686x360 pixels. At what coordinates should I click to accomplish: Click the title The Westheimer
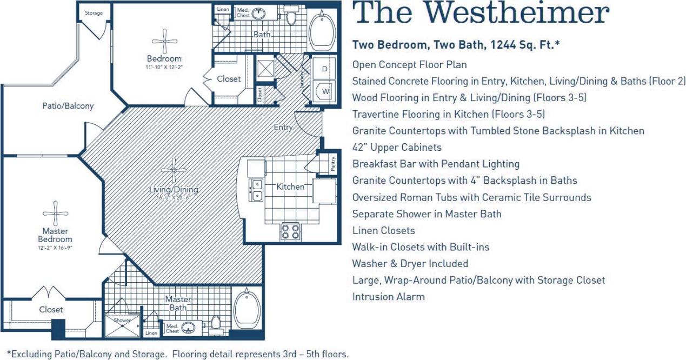coord(482,14)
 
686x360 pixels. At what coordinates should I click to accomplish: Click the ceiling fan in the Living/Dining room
coord(174,170)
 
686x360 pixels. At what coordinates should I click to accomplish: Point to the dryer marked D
coord(324,69)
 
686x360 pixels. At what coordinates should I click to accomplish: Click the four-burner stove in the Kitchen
coord(290,231)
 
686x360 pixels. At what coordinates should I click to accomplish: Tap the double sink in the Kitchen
coord(256,190)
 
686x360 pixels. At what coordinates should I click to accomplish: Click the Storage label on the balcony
coord(94,12)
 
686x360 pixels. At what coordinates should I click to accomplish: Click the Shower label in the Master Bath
coord(122,320)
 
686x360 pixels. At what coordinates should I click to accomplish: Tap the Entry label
coord(283,128)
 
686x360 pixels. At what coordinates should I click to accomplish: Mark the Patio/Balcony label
coord(68,106)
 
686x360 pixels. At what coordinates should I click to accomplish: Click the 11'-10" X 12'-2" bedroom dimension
coord(164,67)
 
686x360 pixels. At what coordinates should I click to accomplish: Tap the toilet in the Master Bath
coord(216,324)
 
